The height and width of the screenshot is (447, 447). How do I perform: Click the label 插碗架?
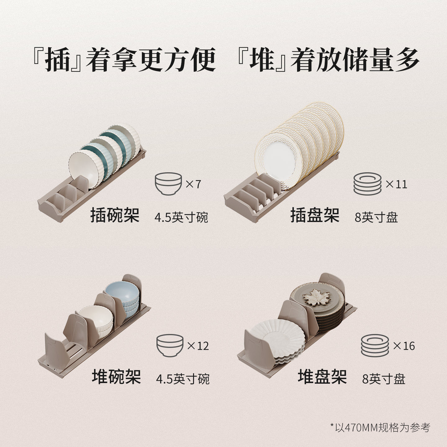click(x=115, y=215)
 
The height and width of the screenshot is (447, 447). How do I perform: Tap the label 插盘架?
click(x=315, y=215)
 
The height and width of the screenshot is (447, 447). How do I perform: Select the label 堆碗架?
click(x=116, y=377)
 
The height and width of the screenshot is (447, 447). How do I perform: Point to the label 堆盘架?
click(x=322, y=377)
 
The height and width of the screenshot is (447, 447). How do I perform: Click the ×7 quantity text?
click(x=193, y=184)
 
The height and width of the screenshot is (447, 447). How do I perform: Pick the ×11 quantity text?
click(x=396, y=184)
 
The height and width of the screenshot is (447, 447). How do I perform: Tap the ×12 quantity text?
click(x=198, y=345)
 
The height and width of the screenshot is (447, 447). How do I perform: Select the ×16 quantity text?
click(x=404, y=345)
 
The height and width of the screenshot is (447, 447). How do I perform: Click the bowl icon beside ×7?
click(x=168, y=183)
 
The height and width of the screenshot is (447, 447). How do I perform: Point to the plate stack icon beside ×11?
click(x=367, y=184)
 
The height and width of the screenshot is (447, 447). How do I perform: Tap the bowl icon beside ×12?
click(x=169, y=345)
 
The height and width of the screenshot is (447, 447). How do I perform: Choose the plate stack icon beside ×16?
click(x=375, y=345)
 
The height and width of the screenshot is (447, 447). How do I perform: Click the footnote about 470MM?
click(x=380, y=427)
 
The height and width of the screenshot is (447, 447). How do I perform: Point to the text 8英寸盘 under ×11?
click(x=376, y=217)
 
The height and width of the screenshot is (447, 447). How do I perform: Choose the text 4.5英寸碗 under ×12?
click(x=183, y=379)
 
